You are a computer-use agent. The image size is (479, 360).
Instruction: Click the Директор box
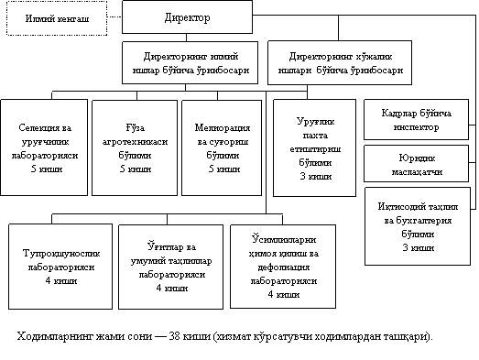[x=187, y=16]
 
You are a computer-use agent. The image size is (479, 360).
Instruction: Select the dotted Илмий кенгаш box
[x=57, y=18]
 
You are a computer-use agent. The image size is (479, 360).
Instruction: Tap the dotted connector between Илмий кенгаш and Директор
[x=114, y=16]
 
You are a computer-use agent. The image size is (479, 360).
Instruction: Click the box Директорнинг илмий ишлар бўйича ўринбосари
[x=190, y=62]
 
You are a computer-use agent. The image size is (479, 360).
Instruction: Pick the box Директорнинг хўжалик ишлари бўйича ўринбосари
[x=340, y=62]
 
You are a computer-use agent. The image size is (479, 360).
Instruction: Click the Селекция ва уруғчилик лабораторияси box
[x=44, y=147]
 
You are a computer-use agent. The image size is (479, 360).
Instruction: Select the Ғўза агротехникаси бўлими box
[x=135, y=147]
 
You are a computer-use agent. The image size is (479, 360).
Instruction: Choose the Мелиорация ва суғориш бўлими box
[x=222, y=147]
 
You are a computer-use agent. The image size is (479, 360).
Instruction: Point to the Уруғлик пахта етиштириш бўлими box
[x=315, y=147]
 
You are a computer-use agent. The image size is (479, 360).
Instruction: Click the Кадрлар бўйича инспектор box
[x=416, y=119]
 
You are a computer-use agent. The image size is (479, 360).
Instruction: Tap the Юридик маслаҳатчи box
[x=416, y=163]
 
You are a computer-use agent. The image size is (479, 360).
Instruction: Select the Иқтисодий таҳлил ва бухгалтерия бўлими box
[x=418, y=226]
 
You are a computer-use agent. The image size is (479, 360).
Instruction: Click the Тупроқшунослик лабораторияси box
[x=60, y=267]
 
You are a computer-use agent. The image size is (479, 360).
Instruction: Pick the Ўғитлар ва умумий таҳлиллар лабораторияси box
[x=170, y=267]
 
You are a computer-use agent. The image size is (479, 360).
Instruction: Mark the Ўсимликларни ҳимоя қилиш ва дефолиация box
[x=283, y=267]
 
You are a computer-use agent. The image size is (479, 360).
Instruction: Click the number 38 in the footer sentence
[x=174, y=336]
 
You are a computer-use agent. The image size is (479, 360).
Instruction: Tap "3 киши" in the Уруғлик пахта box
[x=316, y=176]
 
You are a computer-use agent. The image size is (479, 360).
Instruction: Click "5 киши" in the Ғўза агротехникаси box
[x=136, y=169]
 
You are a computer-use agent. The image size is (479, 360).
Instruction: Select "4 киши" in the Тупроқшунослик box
[x=61, y=280]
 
